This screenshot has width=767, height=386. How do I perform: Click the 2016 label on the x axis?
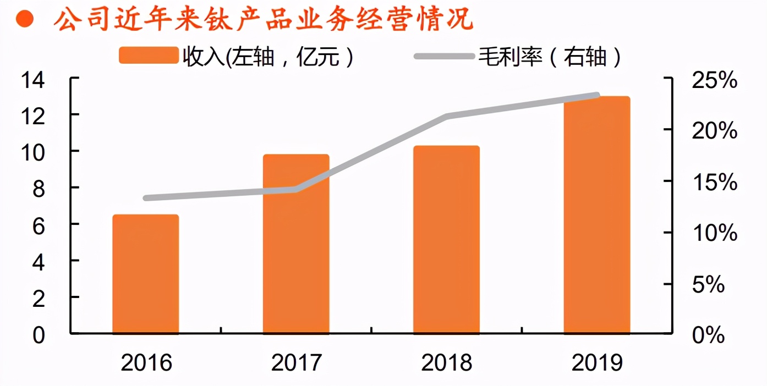coord(146,363)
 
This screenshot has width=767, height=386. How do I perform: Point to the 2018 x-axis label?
coord(446,363)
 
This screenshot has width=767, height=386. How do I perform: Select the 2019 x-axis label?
coord(597,363)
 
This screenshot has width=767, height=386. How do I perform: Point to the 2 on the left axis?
coord(38,298)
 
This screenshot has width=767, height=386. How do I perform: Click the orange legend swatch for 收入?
coord(149,56)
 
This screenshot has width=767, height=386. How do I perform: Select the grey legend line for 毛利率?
coord(443,56)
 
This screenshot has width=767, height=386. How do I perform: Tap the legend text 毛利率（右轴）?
coord(550,56)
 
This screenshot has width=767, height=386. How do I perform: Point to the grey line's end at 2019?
coord(597,96)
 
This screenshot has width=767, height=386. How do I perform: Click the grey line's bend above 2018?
coord(446,117)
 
